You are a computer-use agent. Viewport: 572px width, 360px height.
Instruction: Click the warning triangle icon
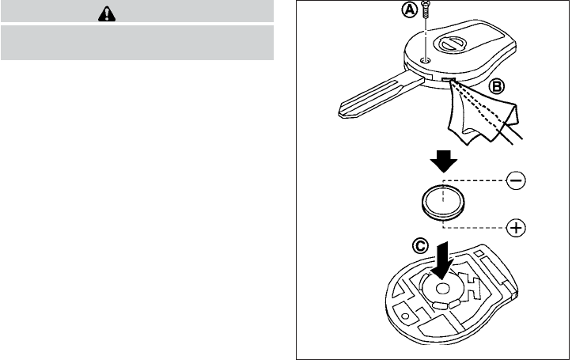(x=138, y=13)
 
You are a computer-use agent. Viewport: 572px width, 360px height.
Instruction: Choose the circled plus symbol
(x=516, y=229)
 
